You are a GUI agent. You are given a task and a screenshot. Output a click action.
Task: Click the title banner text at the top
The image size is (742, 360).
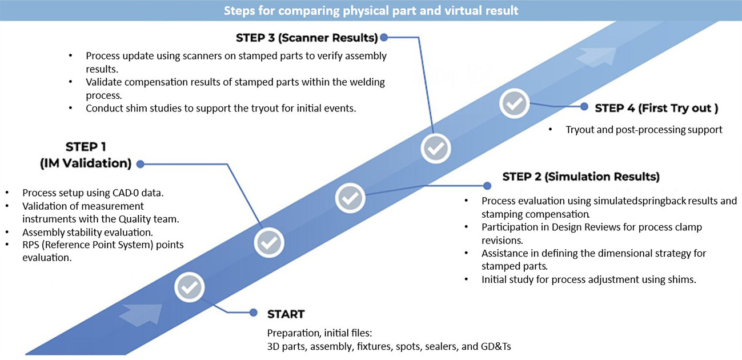371,11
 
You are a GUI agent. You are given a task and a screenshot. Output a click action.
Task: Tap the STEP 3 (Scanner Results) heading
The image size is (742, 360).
307,38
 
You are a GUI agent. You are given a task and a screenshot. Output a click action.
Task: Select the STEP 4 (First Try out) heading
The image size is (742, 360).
656,108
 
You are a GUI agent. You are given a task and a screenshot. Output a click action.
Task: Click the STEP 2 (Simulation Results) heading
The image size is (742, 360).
581,177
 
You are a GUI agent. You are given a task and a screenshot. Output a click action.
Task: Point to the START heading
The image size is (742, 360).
286,314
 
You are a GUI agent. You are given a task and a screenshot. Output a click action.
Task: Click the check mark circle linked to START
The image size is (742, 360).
190,287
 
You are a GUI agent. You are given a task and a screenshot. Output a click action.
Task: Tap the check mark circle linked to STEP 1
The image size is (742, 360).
269,243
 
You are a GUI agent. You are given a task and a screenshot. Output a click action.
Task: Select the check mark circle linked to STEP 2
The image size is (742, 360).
350,198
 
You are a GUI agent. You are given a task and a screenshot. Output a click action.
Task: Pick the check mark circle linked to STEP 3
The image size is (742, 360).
436,148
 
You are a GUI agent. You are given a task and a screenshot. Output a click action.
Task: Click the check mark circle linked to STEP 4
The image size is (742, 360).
515,103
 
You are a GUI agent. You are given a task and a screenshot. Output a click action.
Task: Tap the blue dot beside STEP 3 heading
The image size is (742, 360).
384,38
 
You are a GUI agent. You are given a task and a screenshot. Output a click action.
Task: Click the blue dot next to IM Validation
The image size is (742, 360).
141,164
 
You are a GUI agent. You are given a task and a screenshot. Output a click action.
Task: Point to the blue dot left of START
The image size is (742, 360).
254,313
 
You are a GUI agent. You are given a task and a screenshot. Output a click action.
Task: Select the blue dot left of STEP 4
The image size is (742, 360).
584,107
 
